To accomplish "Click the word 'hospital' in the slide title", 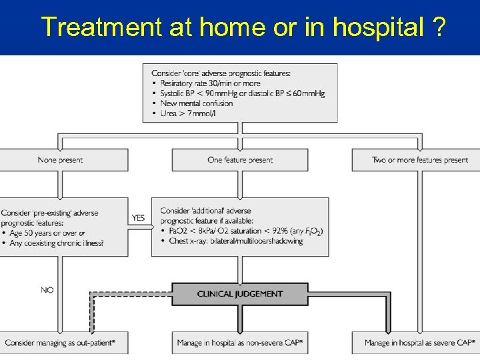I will click(377, 27).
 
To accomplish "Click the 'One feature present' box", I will click(240, 160).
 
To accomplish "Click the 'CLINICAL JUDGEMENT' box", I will click(240, 294).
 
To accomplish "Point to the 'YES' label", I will click(139, 217).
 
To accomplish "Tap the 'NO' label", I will click(47, 290).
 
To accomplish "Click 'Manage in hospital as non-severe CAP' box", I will click(240, 343).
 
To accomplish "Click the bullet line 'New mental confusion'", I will click(197, 103).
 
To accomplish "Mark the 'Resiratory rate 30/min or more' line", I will click(210, 83).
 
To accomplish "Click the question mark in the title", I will click(439, 27).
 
